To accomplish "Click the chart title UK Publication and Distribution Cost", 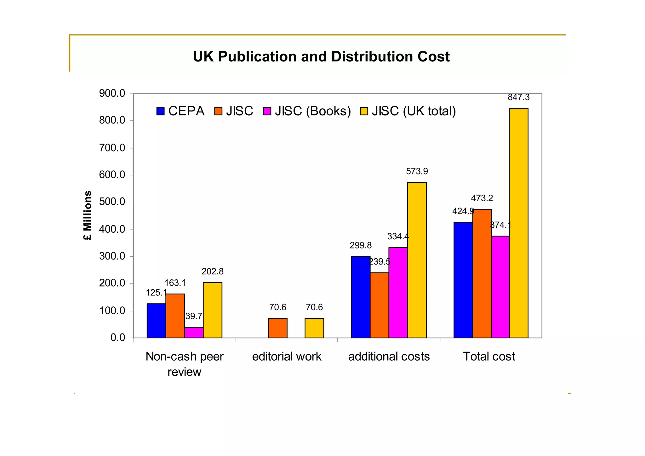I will click(x=321, y=57).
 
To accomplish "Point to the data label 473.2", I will click(x=482, y=198).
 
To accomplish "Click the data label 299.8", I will click(x=360, y=245).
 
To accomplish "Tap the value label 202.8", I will click(x=212, y=271).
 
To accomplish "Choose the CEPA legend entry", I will click(x=180, y=111).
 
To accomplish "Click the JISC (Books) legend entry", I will click(x=307, y=111).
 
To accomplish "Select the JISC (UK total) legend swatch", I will click(x=364, y=111).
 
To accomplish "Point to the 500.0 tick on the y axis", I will click(x=112, y=202).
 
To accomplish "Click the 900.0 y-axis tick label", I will click(x=112, y=94).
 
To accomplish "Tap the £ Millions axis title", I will click(x=88, y=215).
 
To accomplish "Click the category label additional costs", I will click(x=389, y=356).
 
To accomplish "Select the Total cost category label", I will click(x=489, y=356).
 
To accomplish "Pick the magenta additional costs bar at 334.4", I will click(x=398, y=293).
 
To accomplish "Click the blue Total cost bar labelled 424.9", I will click(x=463, y=280).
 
